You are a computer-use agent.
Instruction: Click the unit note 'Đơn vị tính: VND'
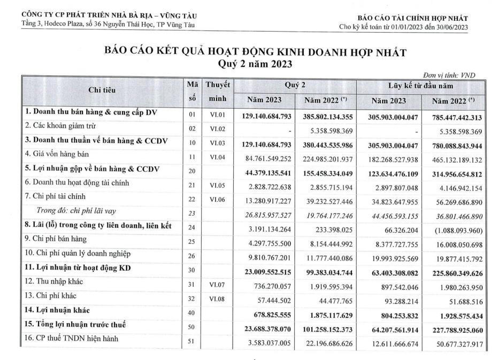pos(449,75)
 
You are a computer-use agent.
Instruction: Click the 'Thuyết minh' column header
pos(218,91)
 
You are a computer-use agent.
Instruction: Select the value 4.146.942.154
pos(455,183)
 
